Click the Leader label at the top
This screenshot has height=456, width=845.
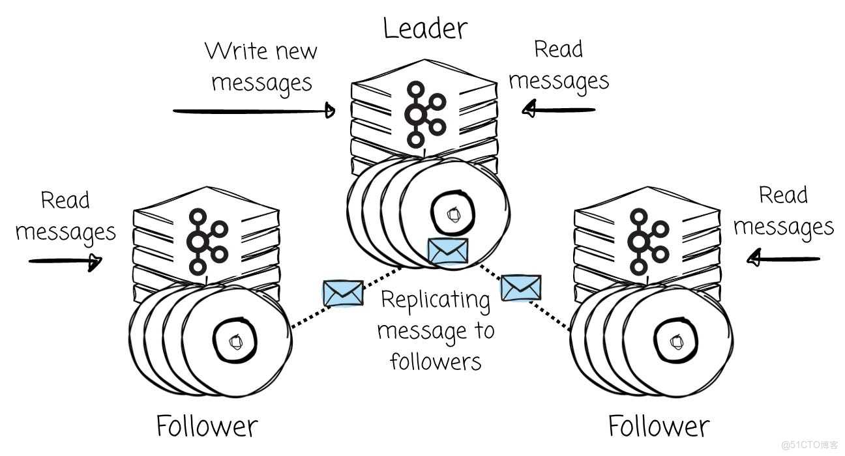[x=424, y=28]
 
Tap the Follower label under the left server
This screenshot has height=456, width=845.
[x=207, y=427]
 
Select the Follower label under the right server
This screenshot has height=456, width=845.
[x=658, y=427]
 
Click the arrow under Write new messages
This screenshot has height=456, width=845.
[x=254, y=111]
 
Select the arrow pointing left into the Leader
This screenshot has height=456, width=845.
[x=560, y=109]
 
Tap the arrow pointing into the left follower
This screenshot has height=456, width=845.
[x=66, y=261]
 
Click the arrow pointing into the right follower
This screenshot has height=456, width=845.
[x=782, y=259]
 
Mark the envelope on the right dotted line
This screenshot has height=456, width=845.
[x=521, y=288]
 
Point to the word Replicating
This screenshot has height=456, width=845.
[x=435, y=301]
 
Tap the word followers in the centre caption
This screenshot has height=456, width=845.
[x=436, y=360]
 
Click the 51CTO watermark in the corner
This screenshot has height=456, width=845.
[x=809, y=445]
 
